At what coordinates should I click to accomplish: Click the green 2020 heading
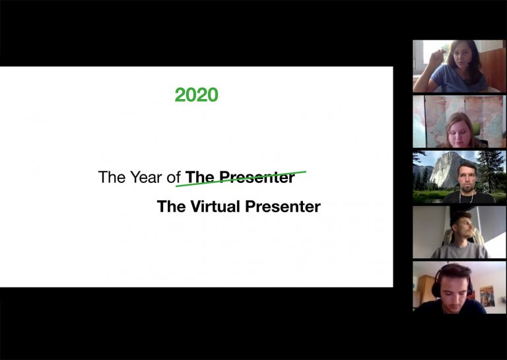pos(196,95)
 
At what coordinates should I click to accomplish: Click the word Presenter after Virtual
pos(283,207)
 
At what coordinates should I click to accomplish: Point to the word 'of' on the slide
pos(174,177)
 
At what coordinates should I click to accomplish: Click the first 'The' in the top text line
pos(110,177)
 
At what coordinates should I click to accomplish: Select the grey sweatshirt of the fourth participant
pos(459,251)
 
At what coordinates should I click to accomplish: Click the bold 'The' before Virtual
pos(171,207)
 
